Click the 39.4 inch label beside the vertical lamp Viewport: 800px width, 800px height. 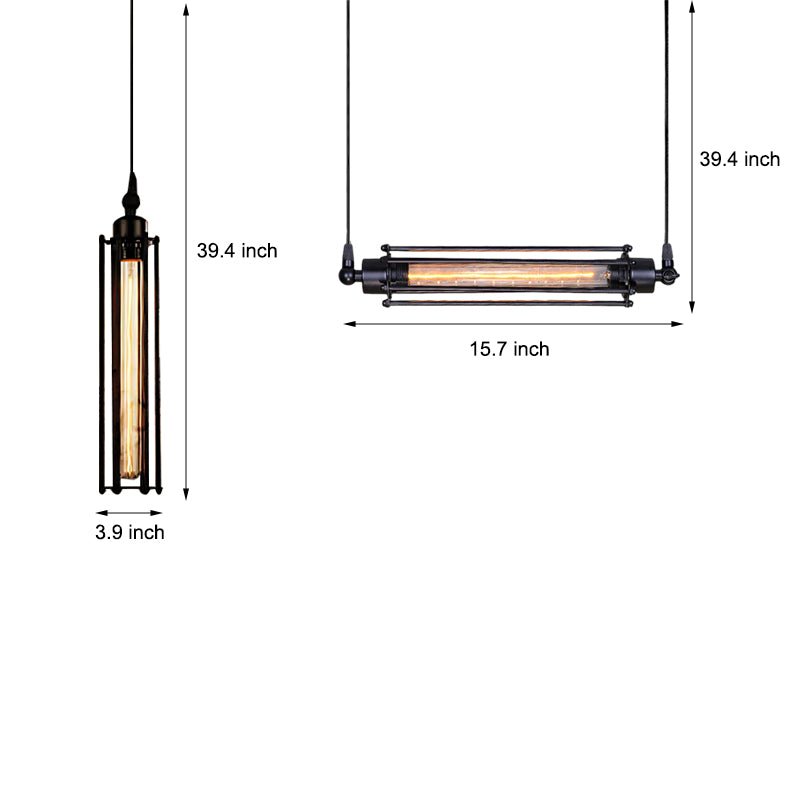(x=237, y=251)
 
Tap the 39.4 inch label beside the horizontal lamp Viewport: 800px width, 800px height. (x=739, y=159)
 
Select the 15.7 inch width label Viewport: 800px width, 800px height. (x=509, y=349)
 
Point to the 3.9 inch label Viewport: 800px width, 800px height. (x=130, y=532)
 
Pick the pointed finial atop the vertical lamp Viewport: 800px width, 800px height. (x=130, y=190)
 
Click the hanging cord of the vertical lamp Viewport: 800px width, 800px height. (x=130, y=90)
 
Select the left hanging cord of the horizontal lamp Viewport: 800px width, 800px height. (x=349, y=120)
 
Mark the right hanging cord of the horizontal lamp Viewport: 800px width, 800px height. (x=666, y=120)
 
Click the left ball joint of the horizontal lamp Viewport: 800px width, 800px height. (x=345, y=270)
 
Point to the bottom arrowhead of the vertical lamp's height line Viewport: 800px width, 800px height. (x=186, y=494)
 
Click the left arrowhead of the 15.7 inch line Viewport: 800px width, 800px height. (x=349, y=323)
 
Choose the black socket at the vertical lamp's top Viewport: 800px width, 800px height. (x=130, y=227)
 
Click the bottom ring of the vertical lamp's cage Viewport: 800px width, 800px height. (x=130, y=489)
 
